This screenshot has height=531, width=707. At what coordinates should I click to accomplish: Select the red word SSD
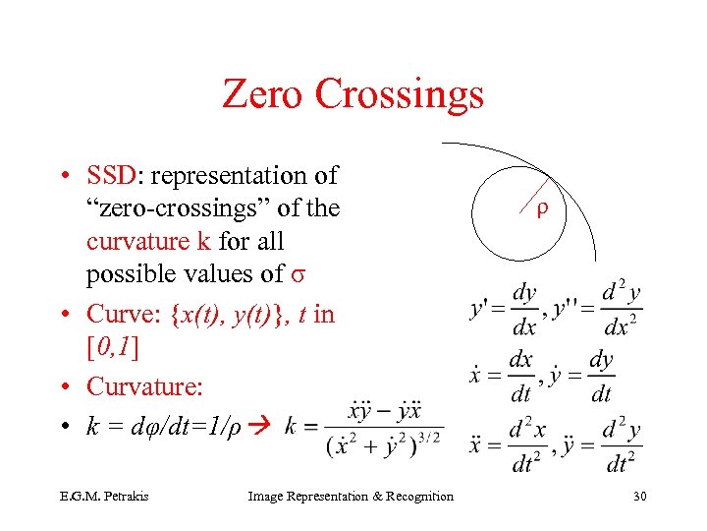[114, 175]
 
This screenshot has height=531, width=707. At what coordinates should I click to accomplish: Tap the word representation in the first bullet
[230, 176]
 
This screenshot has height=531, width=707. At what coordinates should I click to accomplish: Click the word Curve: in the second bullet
[125, 314]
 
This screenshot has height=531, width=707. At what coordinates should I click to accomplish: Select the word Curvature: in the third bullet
[144, 387]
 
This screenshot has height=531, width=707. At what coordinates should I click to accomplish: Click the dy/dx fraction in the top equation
[524, 310]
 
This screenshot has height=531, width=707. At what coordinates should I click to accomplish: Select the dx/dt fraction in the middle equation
[519, 377]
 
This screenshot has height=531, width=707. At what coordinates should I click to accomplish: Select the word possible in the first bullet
[130, 274]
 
